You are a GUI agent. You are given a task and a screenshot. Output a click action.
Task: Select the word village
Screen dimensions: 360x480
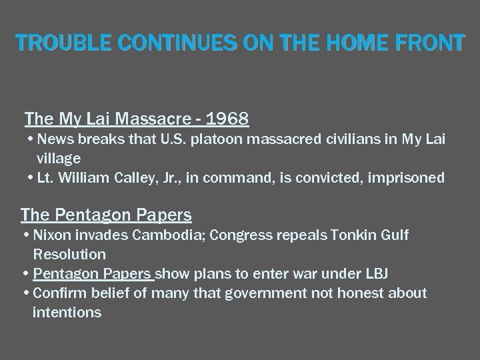58,159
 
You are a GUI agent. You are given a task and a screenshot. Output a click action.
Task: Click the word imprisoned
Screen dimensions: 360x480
408,178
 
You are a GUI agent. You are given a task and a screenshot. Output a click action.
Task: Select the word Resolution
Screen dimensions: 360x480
69,254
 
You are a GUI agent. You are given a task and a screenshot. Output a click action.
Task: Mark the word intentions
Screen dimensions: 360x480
67,311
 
